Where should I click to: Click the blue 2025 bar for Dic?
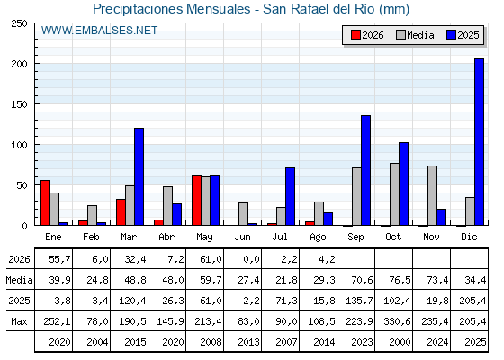[479, 142]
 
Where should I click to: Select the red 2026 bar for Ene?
[45, 202]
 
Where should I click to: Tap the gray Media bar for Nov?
[432, 196]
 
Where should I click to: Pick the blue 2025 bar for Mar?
[139, 176]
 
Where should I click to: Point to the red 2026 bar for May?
[197, 201]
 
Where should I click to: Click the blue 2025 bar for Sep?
[365, 170]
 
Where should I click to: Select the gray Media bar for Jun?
[243, 214]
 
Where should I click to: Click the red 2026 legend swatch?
[355, 35]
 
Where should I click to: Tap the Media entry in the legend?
[415, 35]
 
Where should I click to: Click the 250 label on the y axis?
[19, 23]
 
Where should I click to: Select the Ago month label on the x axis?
[318, 238]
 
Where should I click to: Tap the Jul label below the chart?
[280, 237]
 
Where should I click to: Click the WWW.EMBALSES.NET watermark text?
[99, 31]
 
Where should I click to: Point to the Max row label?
[19, 321]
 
